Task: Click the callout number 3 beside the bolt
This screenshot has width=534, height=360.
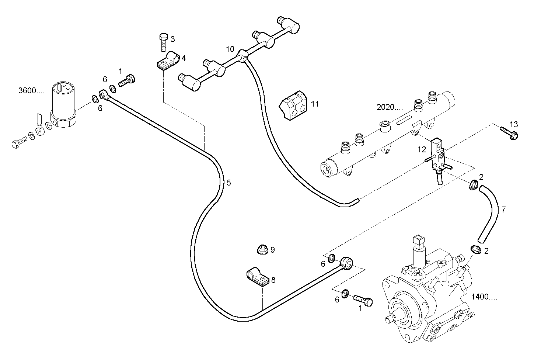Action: (172, 39)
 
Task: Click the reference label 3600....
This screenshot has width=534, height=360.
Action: (31, 90)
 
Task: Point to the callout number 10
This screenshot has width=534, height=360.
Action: (230, 49)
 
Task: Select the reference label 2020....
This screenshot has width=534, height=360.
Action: (390, 107)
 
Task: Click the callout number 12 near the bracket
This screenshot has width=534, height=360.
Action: (422, 149)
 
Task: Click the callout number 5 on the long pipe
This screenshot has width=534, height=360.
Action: (228, 183)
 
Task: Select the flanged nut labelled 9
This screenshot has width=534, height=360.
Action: (262, 250)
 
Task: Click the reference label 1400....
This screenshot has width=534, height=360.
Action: (484, 296)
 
